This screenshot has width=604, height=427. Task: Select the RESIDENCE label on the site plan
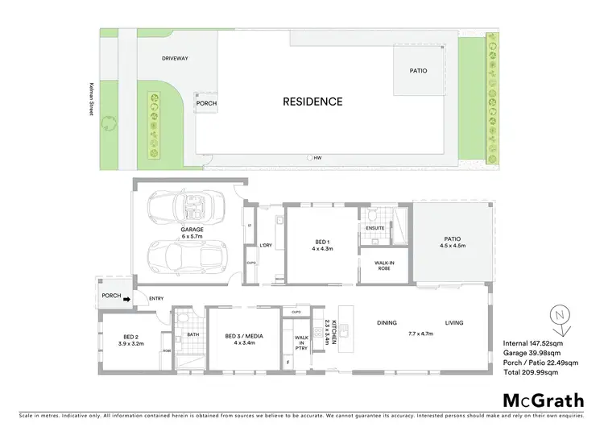pos(312,102)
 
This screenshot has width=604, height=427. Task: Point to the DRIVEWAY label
pos(175,59)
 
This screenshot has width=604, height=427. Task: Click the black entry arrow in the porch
pos(127,296)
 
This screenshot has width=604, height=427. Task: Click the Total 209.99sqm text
pos(531,373)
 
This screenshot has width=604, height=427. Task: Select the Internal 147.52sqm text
pos(534,344)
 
